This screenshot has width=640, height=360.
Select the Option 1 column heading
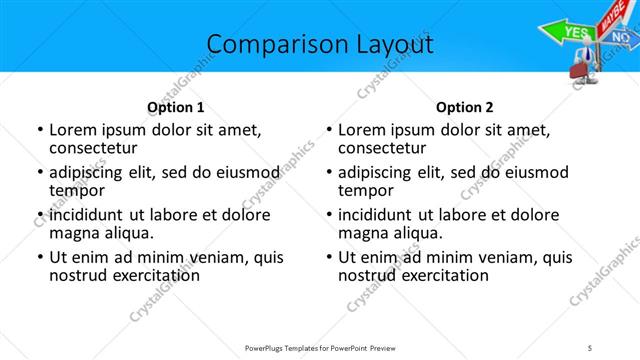pos(176,107)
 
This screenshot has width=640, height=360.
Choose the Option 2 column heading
pos(465,107)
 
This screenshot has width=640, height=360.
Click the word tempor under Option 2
pos(366,190)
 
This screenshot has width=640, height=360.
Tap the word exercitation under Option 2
pos(441,275)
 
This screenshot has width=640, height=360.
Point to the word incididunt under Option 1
pos(87,215)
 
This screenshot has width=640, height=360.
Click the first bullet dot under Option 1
pos(39,130)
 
